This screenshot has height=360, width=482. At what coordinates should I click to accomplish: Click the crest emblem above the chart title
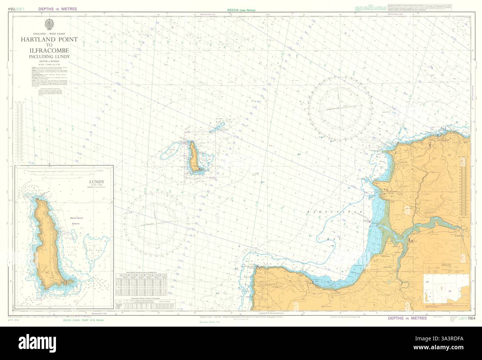48,24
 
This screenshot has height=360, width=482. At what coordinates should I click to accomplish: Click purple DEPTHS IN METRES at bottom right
407,318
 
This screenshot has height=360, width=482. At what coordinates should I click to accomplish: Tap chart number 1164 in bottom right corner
471,318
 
